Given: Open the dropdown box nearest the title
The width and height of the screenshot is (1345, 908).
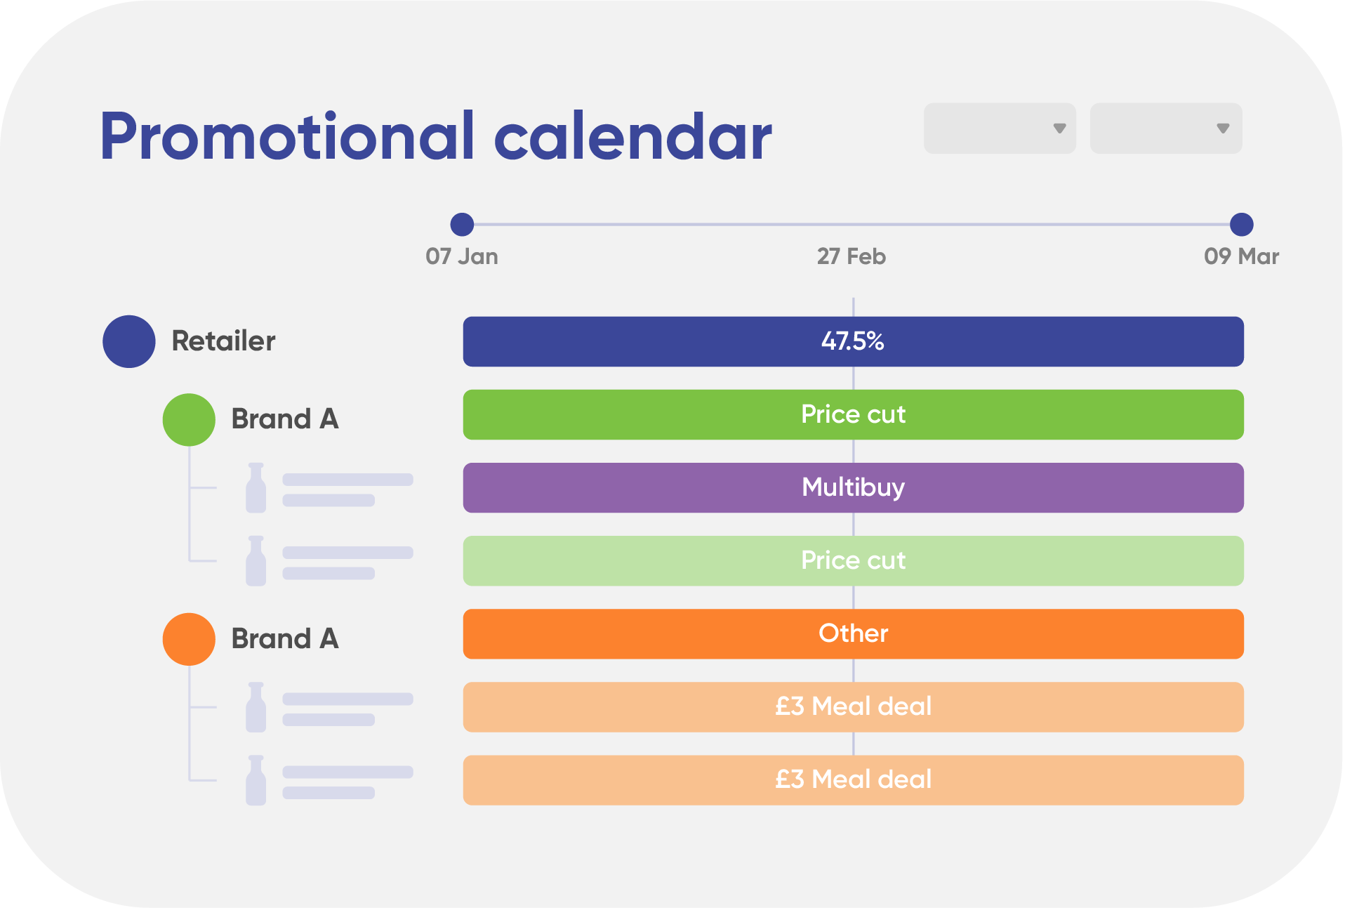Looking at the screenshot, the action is (x=1000, y=129).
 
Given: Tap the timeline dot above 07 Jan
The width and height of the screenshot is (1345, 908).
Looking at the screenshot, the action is (x=462, y=225).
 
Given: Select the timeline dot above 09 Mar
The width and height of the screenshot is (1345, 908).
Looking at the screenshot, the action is (x=1242, y=225).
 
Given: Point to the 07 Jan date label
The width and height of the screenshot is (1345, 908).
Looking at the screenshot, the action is (x=462, y=256).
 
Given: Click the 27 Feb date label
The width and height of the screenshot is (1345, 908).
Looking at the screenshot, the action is (x=852, y=256).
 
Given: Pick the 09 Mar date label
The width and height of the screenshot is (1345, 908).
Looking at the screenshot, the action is (x=1242, y=256).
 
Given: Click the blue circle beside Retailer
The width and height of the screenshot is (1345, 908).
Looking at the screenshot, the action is (x=129, y=341).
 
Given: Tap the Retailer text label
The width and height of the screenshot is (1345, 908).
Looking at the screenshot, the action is (x=224, y=341).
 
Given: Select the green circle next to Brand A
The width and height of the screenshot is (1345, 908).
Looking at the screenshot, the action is (x=189, y=419).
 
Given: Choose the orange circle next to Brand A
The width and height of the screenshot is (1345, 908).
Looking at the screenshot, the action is (x=189, y=639).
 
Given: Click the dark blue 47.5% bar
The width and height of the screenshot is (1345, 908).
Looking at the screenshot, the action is (x=854, y=341).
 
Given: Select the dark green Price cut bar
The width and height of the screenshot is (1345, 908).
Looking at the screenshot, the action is (x=854, y=414).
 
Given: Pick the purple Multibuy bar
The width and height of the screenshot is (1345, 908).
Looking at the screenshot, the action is (x=854, y=487).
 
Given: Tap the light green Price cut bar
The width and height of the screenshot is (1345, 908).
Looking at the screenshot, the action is (x=854, y=560).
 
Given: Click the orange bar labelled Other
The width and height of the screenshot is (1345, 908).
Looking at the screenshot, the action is (x=854, y=633).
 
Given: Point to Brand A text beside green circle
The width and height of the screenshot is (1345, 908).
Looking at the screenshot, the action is (x=285, y=419).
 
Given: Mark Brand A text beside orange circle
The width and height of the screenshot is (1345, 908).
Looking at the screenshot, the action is (x=285, y=639).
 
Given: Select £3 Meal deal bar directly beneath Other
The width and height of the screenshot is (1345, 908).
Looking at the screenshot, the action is (x=854, y=706).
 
